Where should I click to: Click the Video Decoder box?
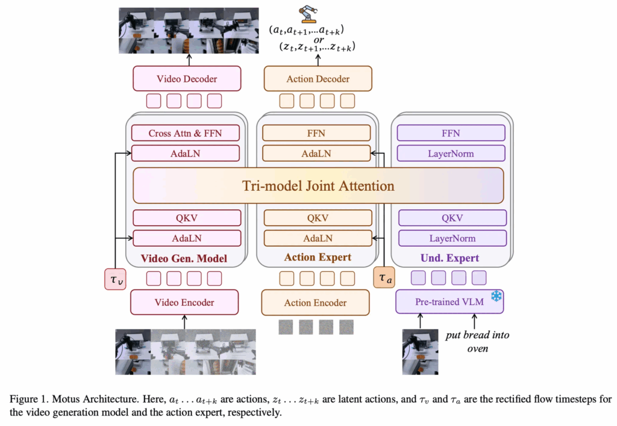click(187, 79)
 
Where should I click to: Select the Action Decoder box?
click(318, 79)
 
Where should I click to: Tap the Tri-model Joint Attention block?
click(318, 185)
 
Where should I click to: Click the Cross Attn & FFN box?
click(186, 133)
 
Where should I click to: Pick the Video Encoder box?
click(184, 302)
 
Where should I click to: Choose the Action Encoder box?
click(316, 303)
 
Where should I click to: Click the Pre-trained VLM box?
click(449, 301)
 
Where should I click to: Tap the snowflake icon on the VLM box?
click(496, 296)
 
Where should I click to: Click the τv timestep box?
click(115, 279)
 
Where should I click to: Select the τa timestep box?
click(384, 277)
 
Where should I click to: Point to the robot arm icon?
click(308, 14)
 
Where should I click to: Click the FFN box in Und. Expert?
click(451, 133)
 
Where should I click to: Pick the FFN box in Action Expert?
click(316, 133)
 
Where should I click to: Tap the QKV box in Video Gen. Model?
click(187, 218)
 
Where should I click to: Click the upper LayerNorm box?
click(451, 153)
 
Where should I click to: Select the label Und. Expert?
click(449, 258)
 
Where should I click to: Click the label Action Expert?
click(318, 257)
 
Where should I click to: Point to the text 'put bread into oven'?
click(477, 342)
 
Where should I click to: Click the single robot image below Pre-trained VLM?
click(420, 352)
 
